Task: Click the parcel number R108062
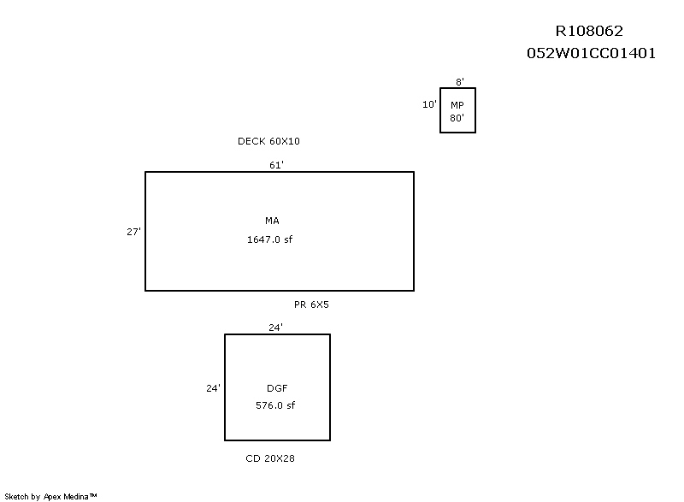point(595,32)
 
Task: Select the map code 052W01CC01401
point(591,53)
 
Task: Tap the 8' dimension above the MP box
point(460,82)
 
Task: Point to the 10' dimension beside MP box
point(429,104)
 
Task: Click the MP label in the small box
point(457,104)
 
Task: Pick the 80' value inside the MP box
point(457,119)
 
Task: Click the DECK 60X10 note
point(268,141)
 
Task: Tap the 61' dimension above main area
point(276,165)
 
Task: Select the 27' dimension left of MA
point(133,231)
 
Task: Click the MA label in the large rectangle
point(272,221)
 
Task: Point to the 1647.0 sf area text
point(270,240)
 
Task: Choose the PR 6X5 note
point(311,304)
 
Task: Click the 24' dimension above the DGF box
point(275,327)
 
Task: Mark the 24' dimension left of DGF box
point(213,387)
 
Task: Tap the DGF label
point(276,388)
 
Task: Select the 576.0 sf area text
point(275,406)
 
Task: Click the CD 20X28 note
point(270,459)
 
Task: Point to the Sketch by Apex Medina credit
point(51,496)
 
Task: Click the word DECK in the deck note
point(251,141)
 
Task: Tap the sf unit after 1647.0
point(289,240)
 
